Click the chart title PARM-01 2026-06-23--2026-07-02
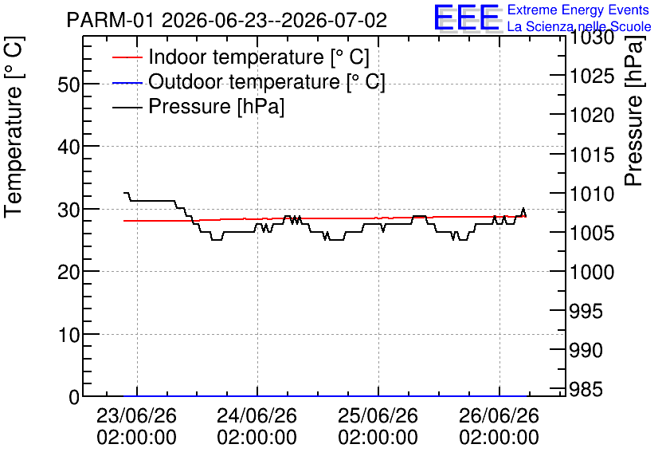pyautogui.click(x=227, y=21)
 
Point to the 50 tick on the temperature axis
pyautogui.click(x=69, y=85)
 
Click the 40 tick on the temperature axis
pyautogui.click(x=69, y=147)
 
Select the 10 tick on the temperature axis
pyautogui.click(x=69, y=335)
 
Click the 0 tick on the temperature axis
pyautogui.click(x=74, y=397)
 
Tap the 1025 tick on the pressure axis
pyautogui.click(x=592, y=77)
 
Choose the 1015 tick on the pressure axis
pyautogui.click(x=592, y=155)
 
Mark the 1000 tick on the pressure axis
pyautogui.click(x=592, y=272)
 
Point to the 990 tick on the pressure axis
pyautogui.click(x=586, y=350)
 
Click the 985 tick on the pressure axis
pyautogui.click(x=586, y=389)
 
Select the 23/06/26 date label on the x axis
pyautogui.click(x=136, y=415)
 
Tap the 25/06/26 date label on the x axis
pyautogui.click(x=378, y=415)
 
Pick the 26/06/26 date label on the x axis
pyautogui.click(x=499, y=415)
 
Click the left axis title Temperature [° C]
pyautogui.click(x=14, y=128)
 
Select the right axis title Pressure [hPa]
pyautogui.click(x=634, y=112)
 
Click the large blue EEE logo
pyautogui.click(x=466, y=18)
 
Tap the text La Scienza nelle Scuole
pyautogui.click(x=579, y=26)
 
